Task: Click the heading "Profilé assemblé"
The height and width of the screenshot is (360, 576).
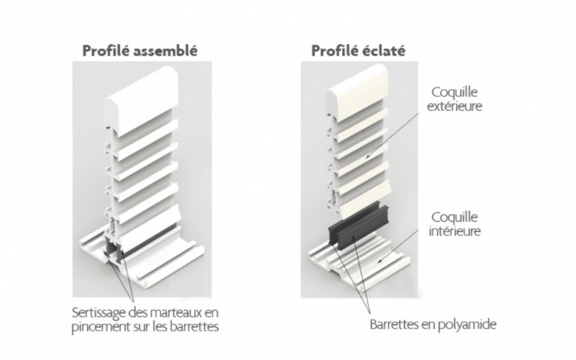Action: pyautogui.click(x=140, y=50)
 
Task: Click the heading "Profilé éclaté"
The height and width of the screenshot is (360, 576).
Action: pyautogui.click(x=358, y=50)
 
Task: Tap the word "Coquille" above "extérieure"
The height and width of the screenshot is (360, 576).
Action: pyautogui.click(x=454, y=92)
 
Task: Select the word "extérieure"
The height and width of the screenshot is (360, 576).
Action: pyautogui.click(x=454, y=106)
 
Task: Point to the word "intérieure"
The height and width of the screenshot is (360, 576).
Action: pyautogui.click(x=455, y=231)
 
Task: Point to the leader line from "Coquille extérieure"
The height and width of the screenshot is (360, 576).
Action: pyautogui.click(x=392, y=135)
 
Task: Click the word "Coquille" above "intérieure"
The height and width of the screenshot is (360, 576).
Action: pyautogui.click(x=454, y=217)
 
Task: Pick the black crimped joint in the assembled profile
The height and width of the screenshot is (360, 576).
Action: pyautogui.click(x=114, y=250)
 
